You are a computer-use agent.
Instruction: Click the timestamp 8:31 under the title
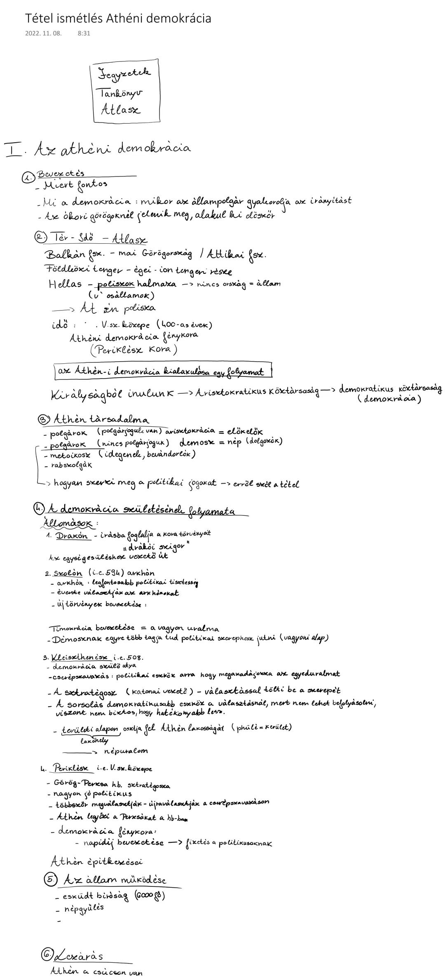(84, 33)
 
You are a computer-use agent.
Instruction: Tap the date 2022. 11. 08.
(43, 33)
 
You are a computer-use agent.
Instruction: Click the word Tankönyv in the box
(121, 94)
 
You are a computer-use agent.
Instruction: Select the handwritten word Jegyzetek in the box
(124, 73)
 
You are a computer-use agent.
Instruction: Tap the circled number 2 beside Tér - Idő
(40, 237)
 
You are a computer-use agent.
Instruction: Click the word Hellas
(65, 284)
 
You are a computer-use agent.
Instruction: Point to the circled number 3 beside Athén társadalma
(43, 420)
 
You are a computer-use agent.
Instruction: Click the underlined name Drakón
(72, 536)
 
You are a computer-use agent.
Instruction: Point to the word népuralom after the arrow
(125, 751)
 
